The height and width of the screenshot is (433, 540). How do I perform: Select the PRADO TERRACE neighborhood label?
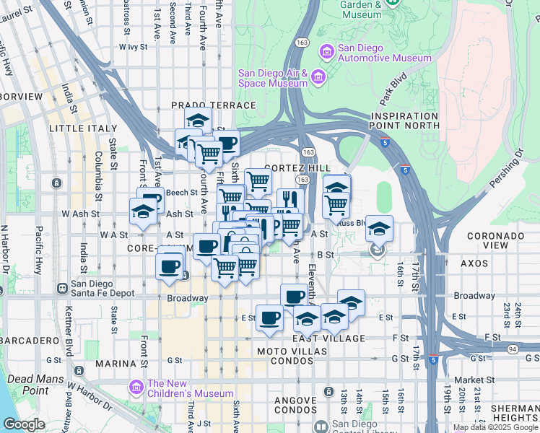point(213,105)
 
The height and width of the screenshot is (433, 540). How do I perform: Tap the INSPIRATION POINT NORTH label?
point(404,121)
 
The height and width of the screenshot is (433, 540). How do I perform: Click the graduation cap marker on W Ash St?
point(143,211)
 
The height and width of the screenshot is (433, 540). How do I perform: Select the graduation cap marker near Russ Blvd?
point(379,229)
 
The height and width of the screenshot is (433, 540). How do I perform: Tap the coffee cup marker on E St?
point(270,318)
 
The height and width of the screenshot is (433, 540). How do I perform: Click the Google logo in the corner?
point(23,424)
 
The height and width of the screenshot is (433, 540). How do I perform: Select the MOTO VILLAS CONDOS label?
point(292,351)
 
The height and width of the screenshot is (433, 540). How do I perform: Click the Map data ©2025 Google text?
point(495,427)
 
